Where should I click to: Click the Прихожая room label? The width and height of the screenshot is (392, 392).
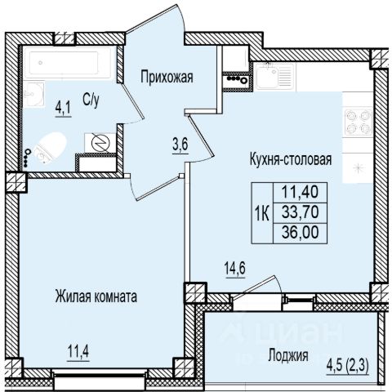[x=167, y=78]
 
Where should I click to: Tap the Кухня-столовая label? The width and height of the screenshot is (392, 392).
[x=291, y=159]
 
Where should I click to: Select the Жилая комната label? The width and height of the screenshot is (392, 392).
[x=96, y=296]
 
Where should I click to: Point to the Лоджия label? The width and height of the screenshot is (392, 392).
[x=288, y=355]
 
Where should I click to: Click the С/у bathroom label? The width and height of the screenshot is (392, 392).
[x=91, y=100]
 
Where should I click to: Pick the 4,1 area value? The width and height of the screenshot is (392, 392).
[x=63, y=109]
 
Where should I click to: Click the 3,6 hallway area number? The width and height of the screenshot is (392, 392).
[x=180, y=145]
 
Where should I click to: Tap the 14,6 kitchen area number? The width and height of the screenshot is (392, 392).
[x=235, y=269]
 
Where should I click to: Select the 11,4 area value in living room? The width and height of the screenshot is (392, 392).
[x=78, y=352]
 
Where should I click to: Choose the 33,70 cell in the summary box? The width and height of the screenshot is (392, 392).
[x=300, y=212]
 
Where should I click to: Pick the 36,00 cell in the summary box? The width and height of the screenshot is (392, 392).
[x=300, y=233]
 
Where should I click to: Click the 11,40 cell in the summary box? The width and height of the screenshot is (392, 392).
[x=300, y=192]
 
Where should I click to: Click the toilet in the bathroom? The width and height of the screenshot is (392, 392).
[x=51, y=148]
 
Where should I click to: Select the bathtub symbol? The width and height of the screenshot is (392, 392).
[x=67, y=63]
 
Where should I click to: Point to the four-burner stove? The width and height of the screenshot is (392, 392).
[x=358, y=122]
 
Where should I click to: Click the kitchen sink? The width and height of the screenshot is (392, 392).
[x=274, y=76]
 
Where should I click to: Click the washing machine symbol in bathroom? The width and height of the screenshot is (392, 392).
[x=100, y=143]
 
